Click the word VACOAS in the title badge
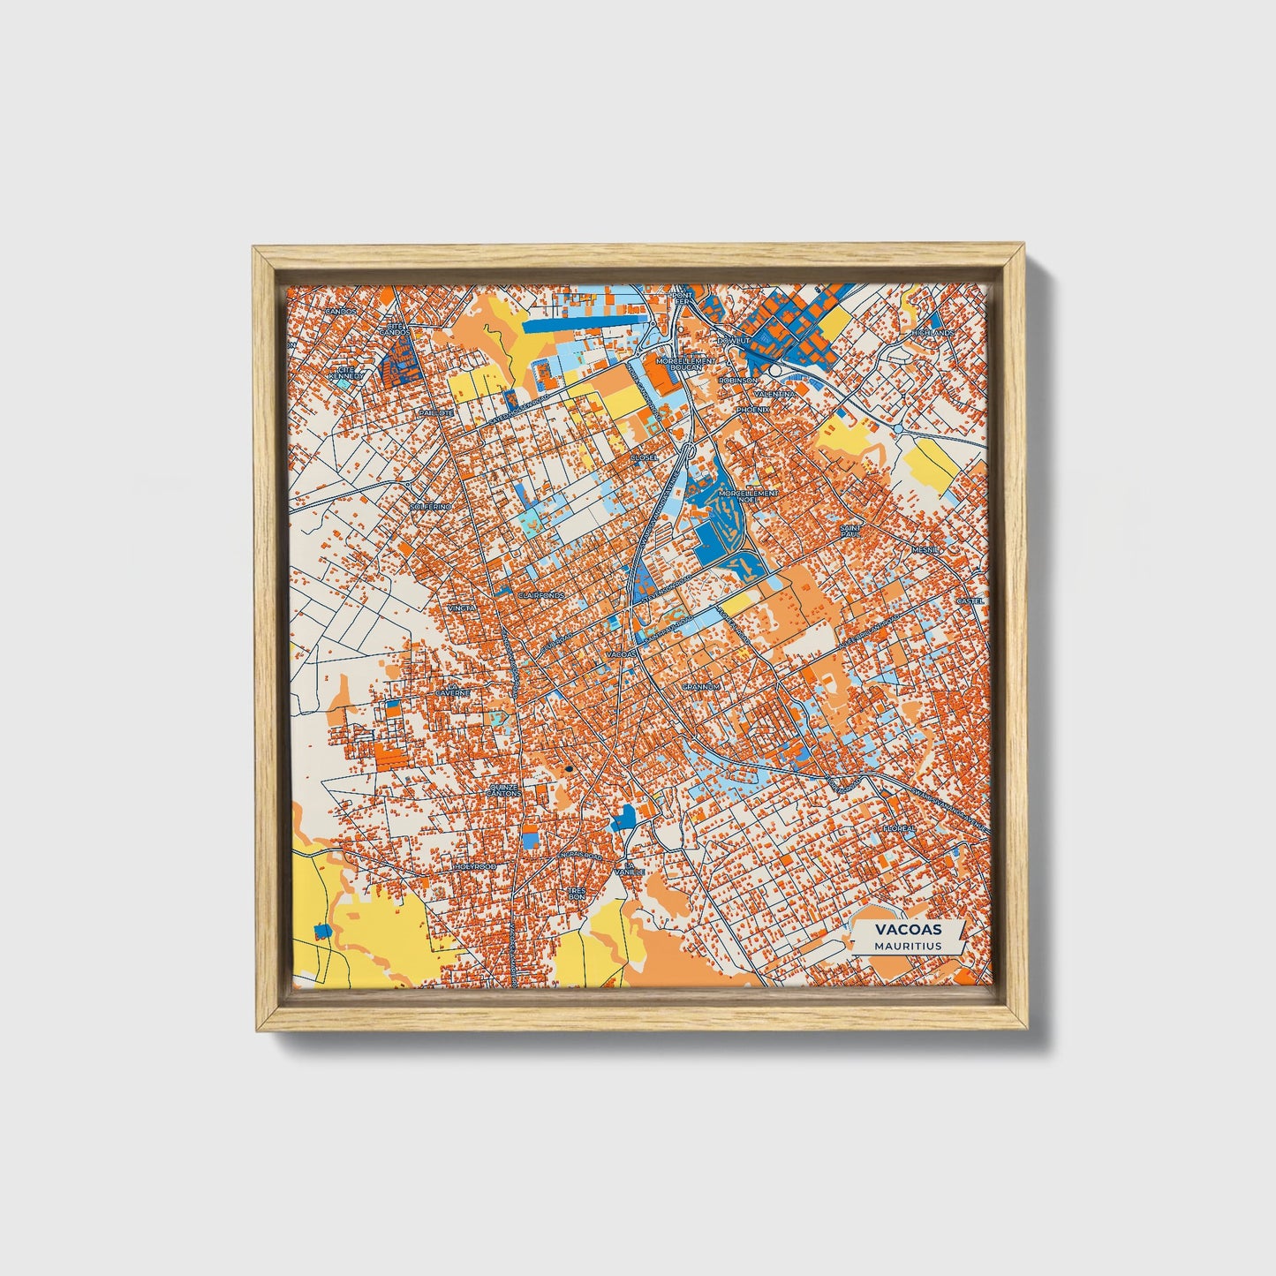[x=908, y=929]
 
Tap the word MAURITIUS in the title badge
[x=908, y=946]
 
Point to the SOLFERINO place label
[x=432, y=507]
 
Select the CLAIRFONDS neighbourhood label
[x=541, y=596]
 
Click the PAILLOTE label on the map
[x=435, y=412]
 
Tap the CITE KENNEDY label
[x=345, y=373]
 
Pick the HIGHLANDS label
[x=935, y=333]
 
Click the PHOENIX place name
[x=753, y=410]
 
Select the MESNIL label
[x=926, y=548]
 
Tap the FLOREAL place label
[x=899, y=828]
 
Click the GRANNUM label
[x=702, y=686]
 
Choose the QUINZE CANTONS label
[x=504, y=790]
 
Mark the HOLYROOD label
[x=475, y=867]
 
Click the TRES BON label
[x=578, y=894]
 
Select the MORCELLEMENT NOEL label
[x=749, y=495]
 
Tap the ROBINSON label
[x=737, y=380]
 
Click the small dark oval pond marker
[x=570, y=769]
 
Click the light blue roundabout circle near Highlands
[x=898, y=429]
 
